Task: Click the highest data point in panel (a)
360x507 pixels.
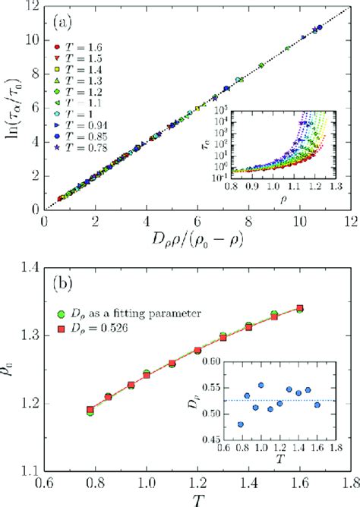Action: coord(319,27)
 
